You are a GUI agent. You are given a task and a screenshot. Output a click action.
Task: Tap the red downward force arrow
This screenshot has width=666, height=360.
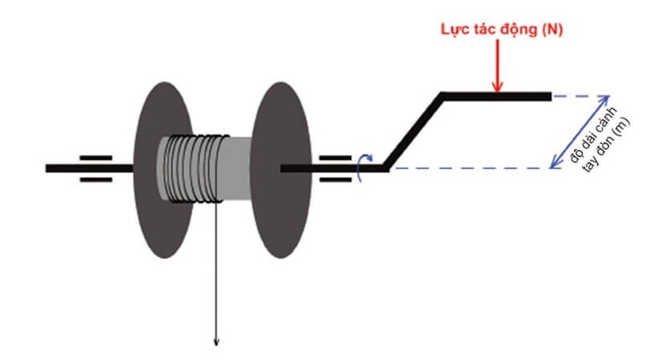coord(498,68)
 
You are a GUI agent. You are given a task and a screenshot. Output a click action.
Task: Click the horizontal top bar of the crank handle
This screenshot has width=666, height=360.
coord(497,96)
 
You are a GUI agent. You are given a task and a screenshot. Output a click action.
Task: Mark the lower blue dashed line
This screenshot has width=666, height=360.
coord(473,168)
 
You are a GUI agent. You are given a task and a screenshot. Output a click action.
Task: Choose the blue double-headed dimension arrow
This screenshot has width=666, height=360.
coord(575,132)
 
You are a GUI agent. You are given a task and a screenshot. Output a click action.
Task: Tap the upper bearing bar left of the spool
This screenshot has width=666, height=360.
coord(95,158)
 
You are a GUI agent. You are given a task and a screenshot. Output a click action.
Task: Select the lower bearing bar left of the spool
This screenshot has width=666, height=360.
coord(95,180)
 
